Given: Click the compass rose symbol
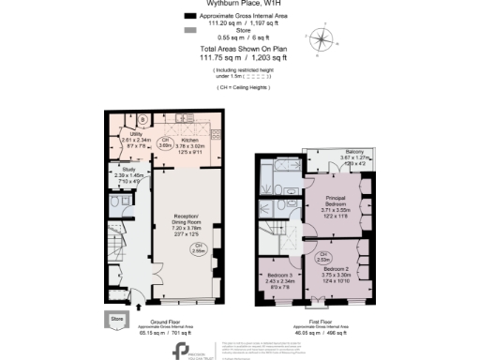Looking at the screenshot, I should pyautogui.click(x=323, y=40).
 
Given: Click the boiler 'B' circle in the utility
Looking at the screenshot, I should pyautogui.click(x=142, y=120).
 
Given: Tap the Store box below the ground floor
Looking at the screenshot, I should pyautogui.click(x=116, y=319).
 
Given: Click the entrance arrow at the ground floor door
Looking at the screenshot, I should pyautogui.click(x=139, y=306).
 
